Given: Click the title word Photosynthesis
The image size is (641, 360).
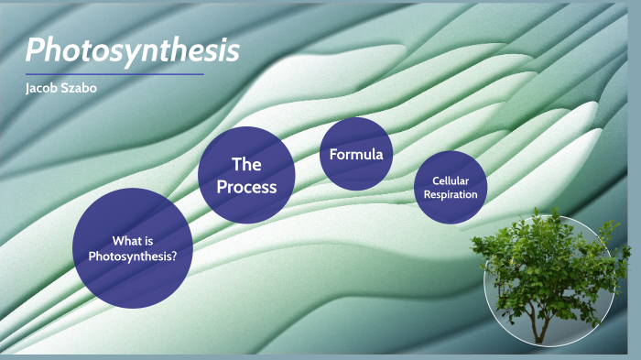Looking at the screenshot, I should [x=132, y=49].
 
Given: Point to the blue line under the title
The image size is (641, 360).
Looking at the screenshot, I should [x=114, y=74].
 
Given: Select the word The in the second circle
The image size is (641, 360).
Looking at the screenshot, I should [x=246, y=165].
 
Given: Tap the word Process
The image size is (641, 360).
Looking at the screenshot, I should [x=246, y=187].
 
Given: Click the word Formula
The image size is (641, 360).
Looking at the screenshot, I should [x=356, y=154].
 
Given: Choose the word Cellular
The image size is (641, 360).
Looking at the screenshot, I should [x=451, y=180].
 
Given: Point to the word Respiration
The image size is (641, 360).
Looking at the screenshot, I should [x=451, y=194].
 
